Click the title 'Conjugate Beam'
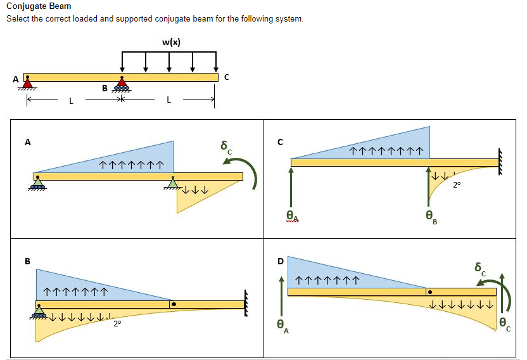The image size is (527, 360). [39, 6]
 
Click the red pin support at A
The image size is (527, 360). [27, 83]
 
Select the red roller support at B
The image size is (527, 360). [122, 83]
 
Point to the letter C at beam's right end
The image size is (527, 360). [226, 77]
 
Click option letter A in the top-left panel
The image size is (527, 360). [27, 142]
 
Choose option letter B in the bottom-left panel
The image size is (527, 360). [27, 261]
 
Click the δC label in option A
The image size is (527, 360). [225, 148]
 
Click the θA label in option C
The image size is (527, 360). [291, 217]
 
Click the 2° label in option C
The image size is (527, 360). [457, 186]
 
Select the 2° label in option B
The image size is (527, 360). [117, 324]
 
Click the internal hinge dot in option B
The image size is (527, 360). [174, 304]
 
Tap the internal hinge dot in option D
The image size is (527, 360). [430, 292]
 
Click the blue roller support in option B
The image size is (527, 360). [39, 312]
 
